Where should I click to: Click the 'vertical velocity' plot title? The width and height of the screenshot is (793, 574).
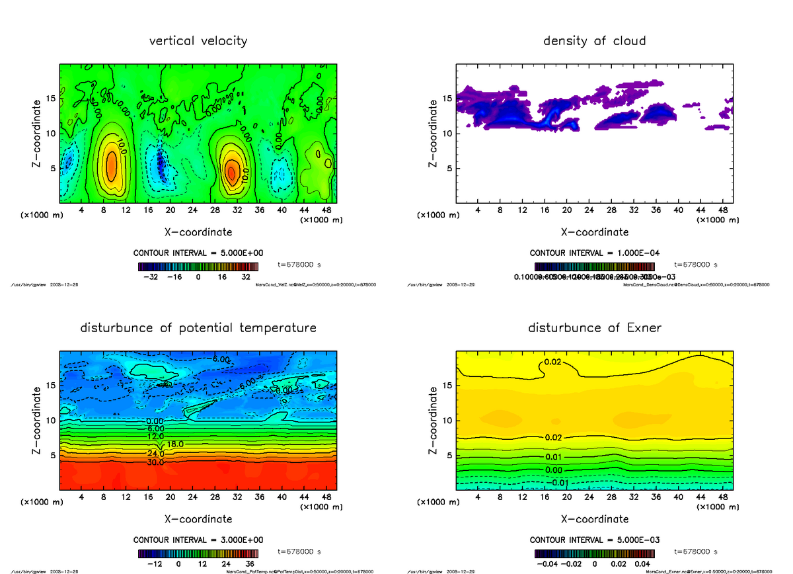click(x=198, y=41)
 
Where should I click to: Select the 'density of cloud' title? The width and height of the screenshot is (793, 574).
click(x=594, y=41)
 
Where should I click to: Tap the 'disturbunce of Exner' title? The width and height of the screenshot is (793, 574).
click(x=594, y=328)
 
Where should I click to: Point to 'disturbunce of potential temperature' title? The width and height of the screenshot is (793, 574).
click(x=198, y=328)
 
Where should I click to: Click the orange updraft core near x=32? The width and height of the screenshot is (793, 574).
click(x=231, y=172)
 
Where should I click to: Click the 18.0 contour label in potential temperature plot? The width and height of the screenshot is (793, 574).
click(x=175, y=444)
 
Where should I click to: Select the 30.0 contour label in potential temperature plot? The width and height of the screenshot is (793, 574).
click(x=155, y=462)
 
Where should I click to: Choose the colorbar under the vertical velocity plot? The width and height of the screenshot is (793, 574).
click(x=198, y=266)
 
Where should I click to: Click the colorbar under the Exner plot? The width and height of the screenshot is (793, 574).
click(x=594, y=553)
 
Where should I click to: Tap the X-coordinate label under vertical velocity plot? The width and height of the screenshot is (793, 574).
click(x=198, y=232)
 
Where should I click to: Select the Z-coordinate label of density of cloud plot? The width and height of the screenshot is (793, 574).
click(x=434, y=134)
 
